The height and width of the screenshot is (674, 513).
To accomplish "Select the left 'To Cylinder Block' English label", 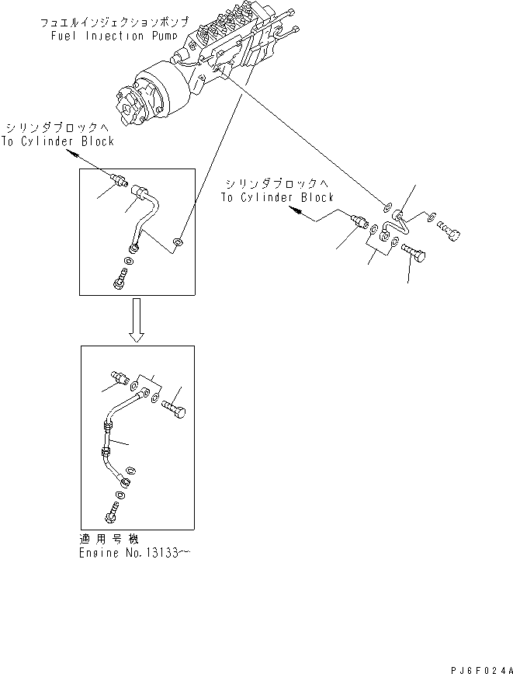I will (57, 141).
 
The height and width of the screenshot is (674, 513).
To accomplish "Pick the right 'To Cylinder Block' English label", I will (276, 197).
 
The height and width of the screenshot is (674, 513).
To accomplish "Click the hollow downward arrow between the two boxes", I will (137, 321).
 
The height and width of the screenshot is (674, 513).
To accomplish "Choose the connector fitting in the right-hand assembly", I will (359, 221).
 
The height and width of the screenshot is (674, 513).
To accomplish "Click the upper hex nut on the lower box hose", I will (106, 425).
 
